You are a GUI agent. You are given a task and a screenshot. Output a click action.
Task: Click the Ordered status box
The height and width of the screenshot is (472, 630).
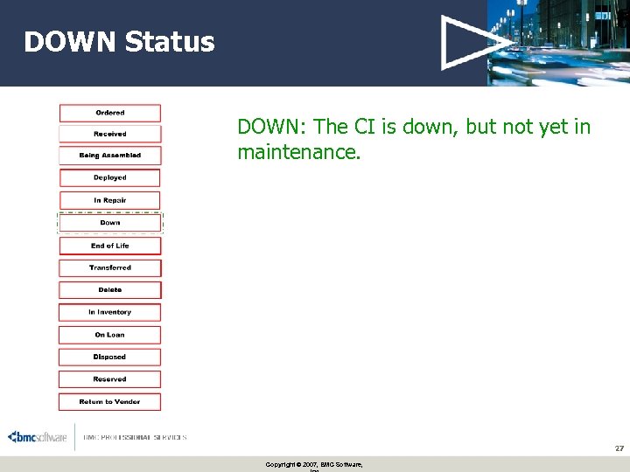pyautogui.click(x=110, y=113)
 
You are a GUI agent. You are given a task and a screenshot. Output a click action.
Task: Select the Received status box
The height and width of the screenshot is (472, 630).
pyautogui.click(x=110, y=134)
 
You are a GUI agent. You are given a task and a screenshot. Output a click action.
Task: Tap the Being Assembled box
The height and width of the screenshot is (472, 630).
pyautogui.click(x=110, y=156)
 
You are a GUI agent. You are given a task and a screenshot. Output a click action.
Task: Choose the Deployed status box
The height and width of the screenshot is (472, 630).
pyautogui.click(x=110, y=177)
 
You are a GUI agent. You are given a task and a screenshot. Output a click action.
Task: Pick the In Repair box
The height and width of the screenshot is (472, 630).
pyautogui.click(x=110, y=200)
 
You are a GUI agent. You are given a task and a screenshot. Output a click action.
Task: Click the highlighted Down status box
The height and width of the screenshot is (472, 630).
pyautogui.click(x=110, y=223)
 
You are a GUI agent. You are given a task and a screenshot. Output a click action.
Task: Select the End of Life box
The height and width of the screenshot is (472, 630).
pyautogui.click(x=110, y=246)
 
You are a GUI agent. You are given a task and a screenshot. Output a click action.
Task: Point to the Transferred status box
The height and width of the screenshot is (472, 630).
pyautogui.click(x=110, y=267)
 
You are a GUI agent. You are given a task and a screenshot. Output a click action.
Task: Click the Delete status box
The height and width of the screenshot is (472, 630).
pyautogui.click(x=110, y=289)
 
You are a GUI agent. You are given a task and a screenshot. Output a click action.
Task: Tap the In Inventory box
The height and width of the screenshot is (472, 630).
pyautogui.click(x=110, y=312)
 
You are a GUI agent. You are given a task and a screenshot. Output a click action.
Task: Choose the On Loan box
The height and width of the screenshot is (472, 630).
pyautogui.click(x=110, y=335)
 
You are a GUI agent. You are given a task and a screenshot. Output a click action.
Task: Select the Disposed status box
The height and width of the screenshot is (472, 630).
pyautogui.click(x=110, y=357)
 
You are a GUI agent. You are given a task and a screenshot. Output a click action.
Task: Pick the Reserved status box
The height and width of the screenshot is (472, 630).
pyautogui.click(x=110, y=379)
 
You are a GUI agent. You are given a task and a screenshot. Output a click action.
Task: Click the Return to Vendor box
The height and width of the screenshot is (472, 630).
pyautogui.click(x=110, y=402)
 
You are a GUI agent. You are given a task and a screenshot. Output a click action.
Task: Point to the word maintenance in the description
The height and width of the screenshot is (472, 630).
pyautogui.click(x=297, y=153)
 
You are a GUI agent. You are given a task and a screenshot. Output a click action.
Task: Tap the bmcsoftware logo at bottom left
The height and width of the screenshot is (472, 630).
pyautogui.click(x=38, y=437)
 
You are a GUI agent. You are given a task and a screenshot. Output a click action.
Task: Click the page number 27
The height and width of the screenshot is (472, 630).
pyautogui.click(x=619, y=448)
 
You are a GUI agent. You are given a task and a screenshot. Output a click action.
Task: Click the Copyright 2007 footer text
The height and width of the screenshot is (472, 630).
pyautogui.click(x=314, y=464)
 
